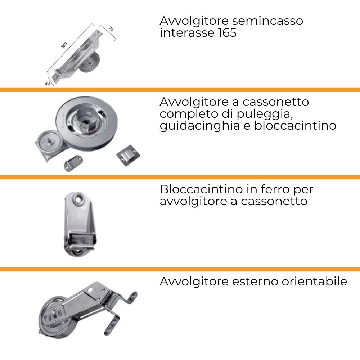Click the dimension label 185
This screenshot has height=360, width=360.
click(64, 45)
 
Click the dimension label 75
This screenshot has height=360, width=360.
click(111, 29)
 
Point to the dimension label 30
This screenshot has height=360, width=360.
click(47, 83)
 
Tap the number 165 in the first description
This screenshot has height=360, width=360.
click(227, 33)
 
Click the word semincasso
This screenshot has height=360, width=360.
click(267, 21)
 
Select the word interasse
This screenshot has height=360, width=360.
click(187, 33)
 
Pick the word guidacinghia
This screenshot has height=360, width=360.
click(199, 126)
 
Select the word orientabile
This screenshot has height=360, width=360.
click(314, 282)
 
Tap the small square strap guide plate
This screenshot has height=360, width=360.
click(128, 155)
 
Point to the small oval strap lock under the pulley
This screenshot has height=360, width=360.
click(73, 163)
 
